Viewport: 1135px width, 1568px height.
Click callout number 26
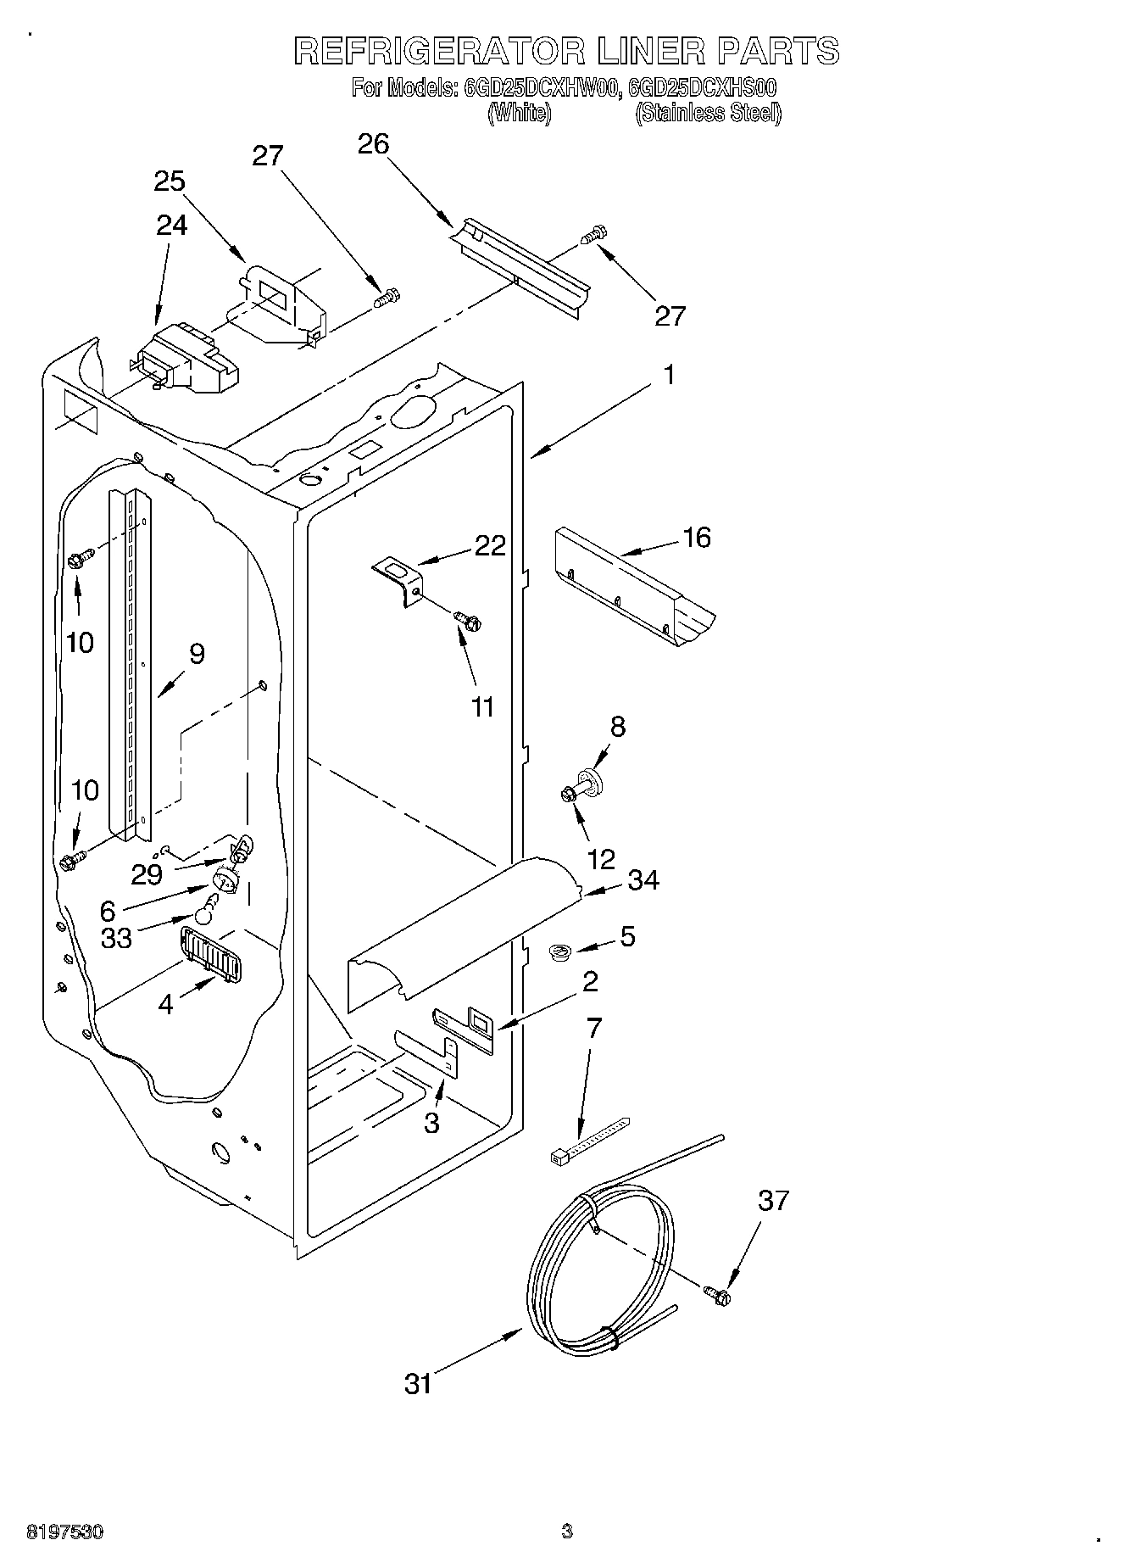click(x=373, y=144)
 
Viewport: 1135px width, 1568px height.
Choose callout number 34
click(x=643, y=879)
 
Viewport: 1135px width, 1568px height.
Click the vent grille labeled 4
click(x=209, y=953)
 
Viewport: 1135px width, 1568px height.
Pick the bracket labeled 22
click(x=398, y=580)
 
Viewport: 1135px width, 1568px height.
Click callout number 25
click(x=170, y=181)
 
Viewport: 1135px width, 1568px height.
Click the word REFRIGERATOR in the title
click(x=439, y=51)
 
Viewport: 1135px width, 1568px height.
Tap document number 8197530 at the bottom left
click(x=65, y=1532)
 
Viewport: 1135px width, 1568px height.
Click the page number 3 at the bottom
click(x=566, y=1532)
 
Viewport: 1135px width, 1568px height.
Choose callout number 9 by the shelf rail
click(x=196, y=653)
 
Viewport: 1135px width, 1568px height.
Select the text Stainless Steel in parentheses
click(x=708, y=113)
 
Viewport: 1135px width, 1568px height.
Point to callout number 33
click(x=116, y=938)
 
